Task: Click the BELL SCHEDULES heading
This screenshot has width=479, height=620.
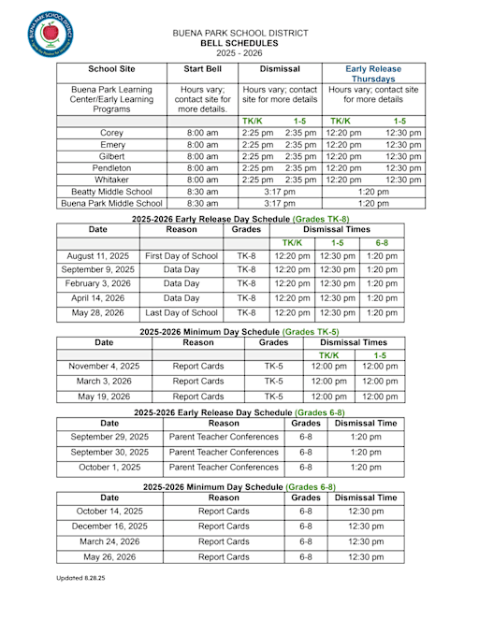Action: click(x=239, y=43)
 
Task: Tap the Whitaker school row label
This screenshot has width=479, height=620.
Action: click(x=111, y=180)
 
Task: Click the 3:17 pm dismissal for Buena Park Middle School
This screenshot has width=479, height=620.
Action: click(x=279, y=202)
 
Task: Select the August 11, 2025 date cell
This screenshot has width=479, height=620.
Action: click(x=97, y=255)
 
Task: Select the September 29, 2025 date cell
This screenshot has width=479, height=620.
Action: click(x=109, y=437)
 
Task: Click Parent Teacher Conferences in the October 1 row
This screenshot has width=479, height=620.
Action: click(x=224, y=467)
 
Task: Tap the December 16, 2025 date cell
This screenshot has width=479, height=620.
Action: click(x=109, y=526)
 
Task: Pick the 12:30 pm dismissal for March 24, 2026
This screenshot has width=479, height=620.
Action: click(x=365, y=541)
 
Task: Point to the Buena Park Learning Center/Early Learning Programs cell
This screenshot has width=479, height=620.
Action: click(x=111, y=97)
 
